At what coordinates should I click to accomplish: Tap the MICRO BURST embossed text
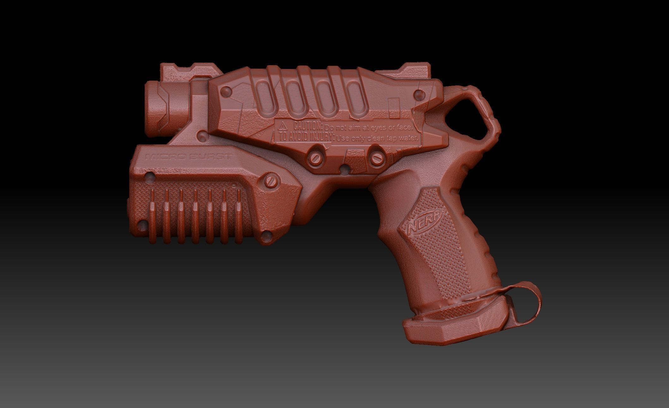[189, 157]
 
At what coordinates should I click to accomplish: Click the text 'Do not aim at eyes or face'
[369, 128]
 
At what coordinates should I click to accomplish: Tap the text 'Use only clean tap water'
[377, 138]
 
